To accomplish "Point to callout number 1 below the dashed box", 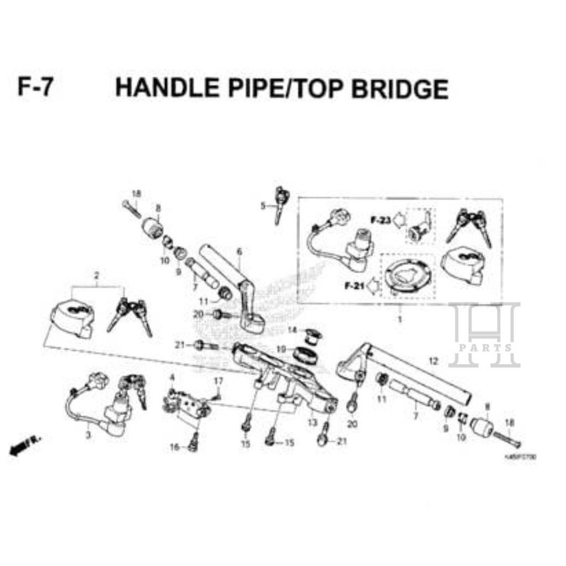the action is point(400,319).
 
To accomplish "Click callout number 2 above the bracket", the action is point(97,275).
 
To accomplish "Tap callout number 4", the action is point(172,378).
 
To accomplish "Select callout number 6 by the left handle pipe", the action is point(239,252).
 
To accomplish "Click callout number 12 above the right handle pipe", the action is point(433,361).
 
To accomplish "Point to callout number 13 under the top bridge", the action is point(312,422).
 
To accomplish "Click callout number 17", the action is point(218,381).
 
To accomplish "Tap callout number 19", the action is point(281,349).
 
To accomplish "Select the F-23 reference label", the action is point(380,221).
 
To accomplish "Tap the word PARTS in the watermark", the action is point(485,348).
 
